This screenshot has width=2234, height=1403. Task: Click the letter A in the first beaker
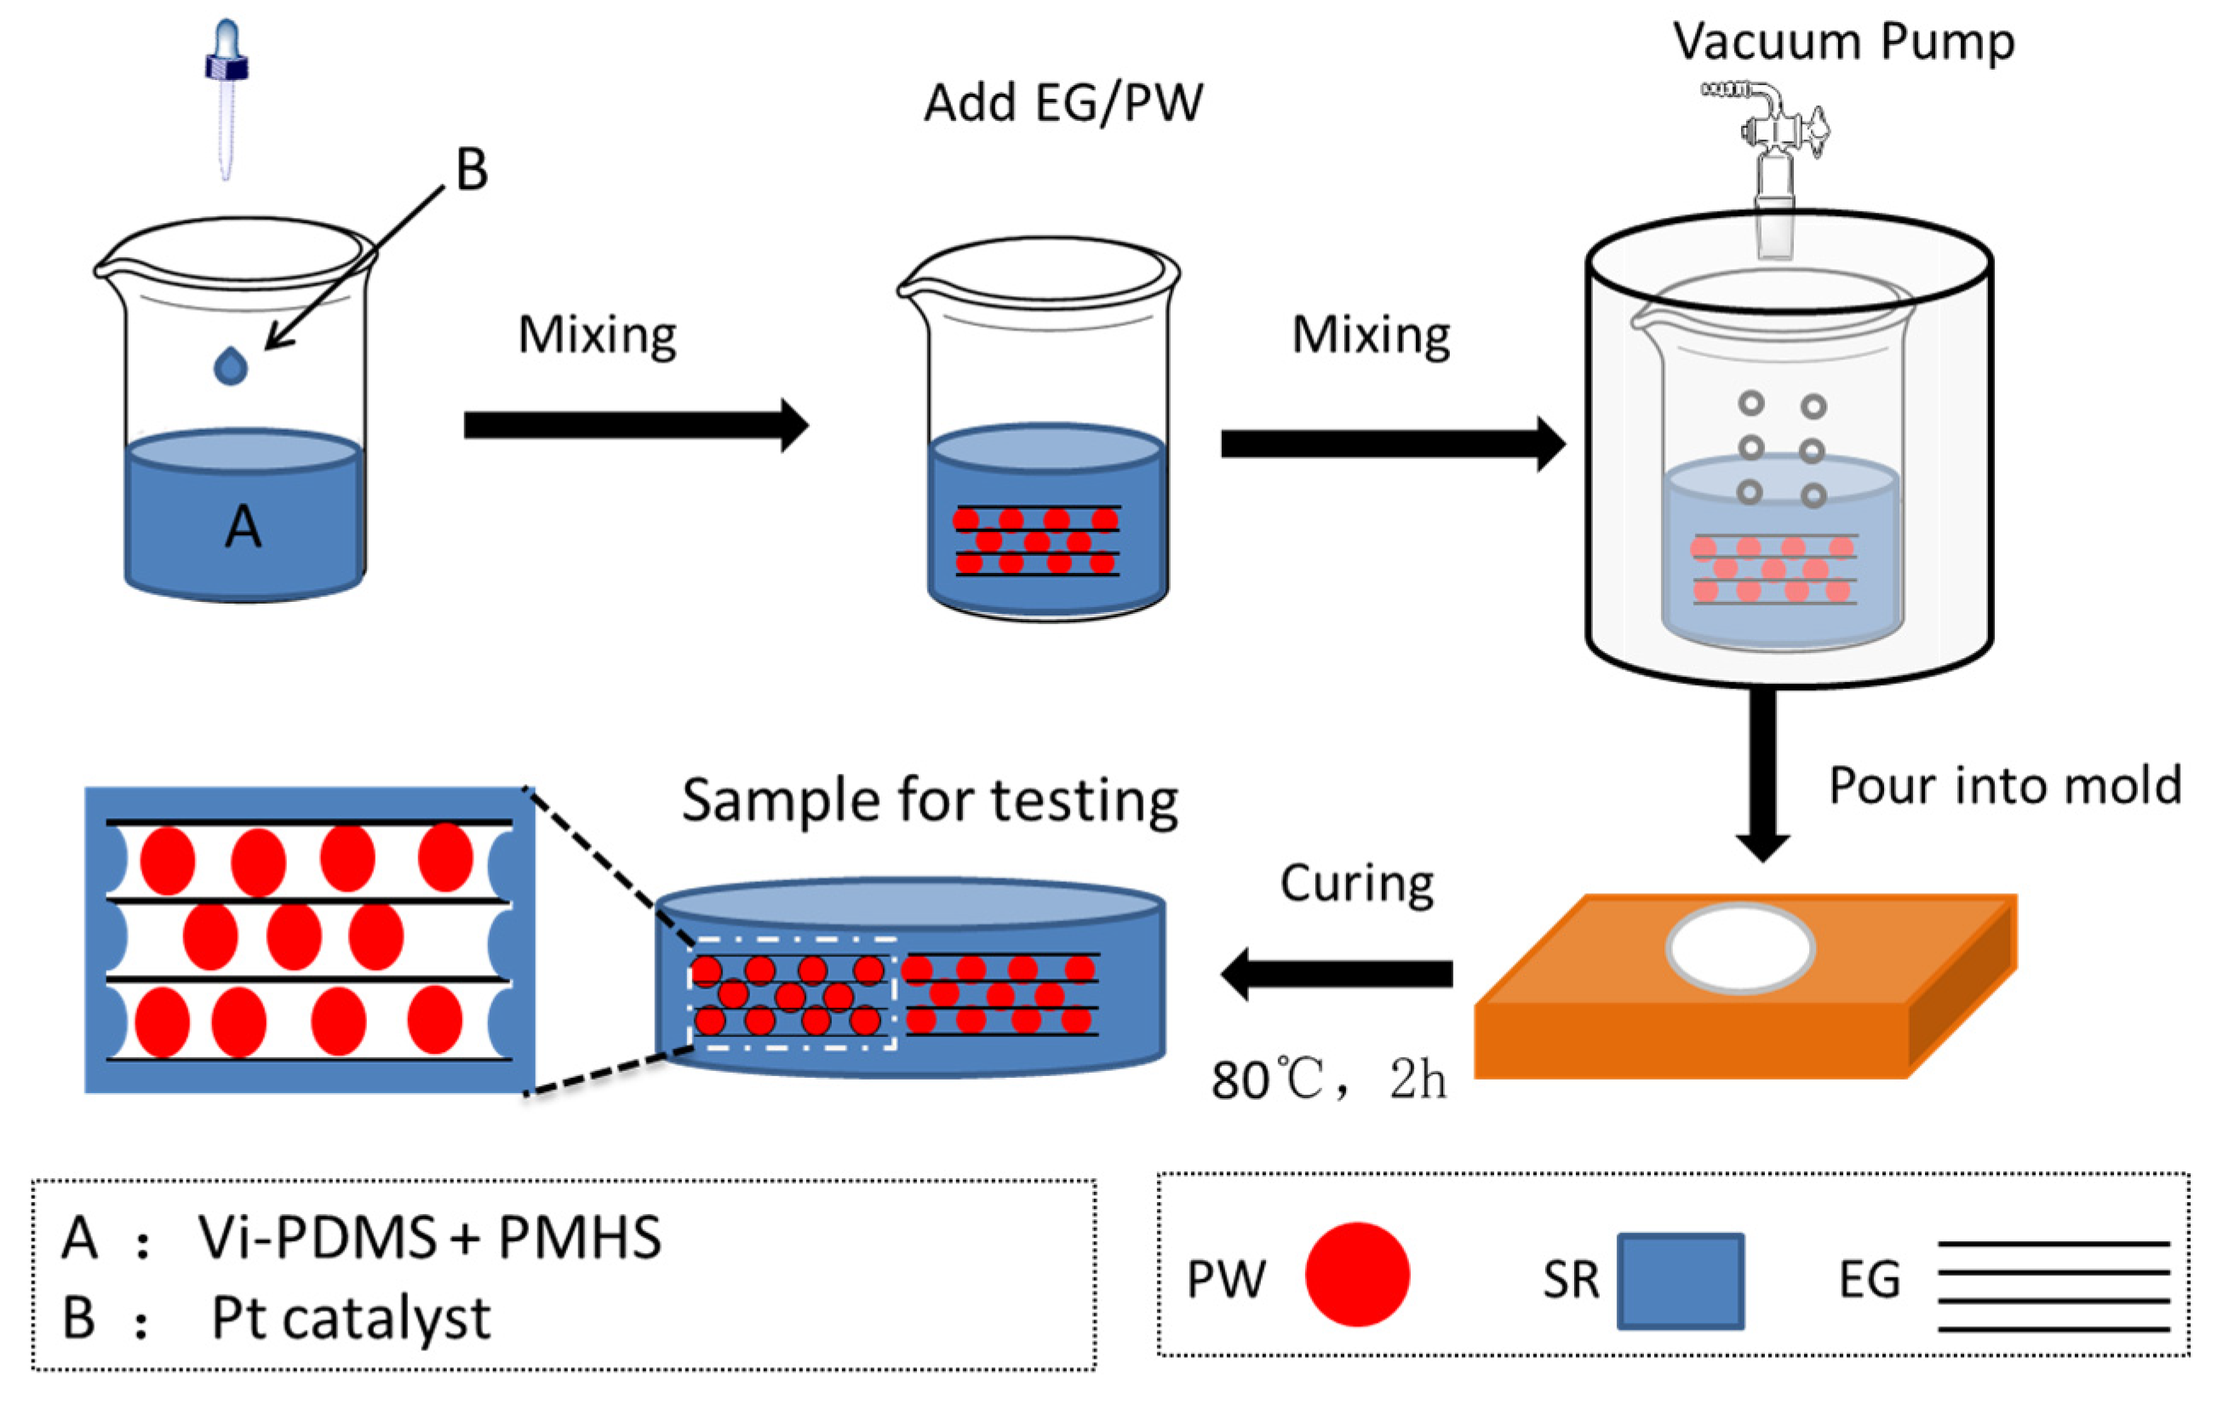pyautogui.click(x=243, y=527)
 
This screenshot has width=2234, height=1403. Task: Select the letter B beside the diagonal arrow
pyautogui.click(x=472, y=169)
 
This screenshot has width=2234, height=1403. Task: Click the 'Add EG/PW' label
pyautogui.click(x=1063, y=102)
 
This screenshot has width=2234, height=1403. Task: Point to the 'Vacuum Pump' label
pyautogui.click(x=1843, y=42)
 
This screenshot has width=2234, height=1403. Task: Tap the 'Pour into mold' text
pyautogui.click(x=2005, y=786)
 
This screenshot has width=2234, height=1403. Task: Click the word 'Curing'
pyautogui.click(x=1356, y=884)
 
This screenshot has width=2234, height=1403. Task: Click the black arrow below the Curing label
pyautogui.click(x=1337, y=973)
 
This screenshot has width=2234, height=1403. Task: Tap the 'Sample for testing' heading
pyautogui.click(x=930, y=800)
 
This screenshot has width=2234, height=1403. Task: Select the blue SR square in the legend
pyautogui.click(x=1680, y=1280)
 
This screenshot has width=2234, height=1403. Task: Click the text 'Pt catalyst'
pyautogui.click(x=351, y=1318)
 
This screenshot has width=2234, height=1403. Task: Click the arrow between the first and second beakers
pyautogui.click(x=635, y=425)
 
